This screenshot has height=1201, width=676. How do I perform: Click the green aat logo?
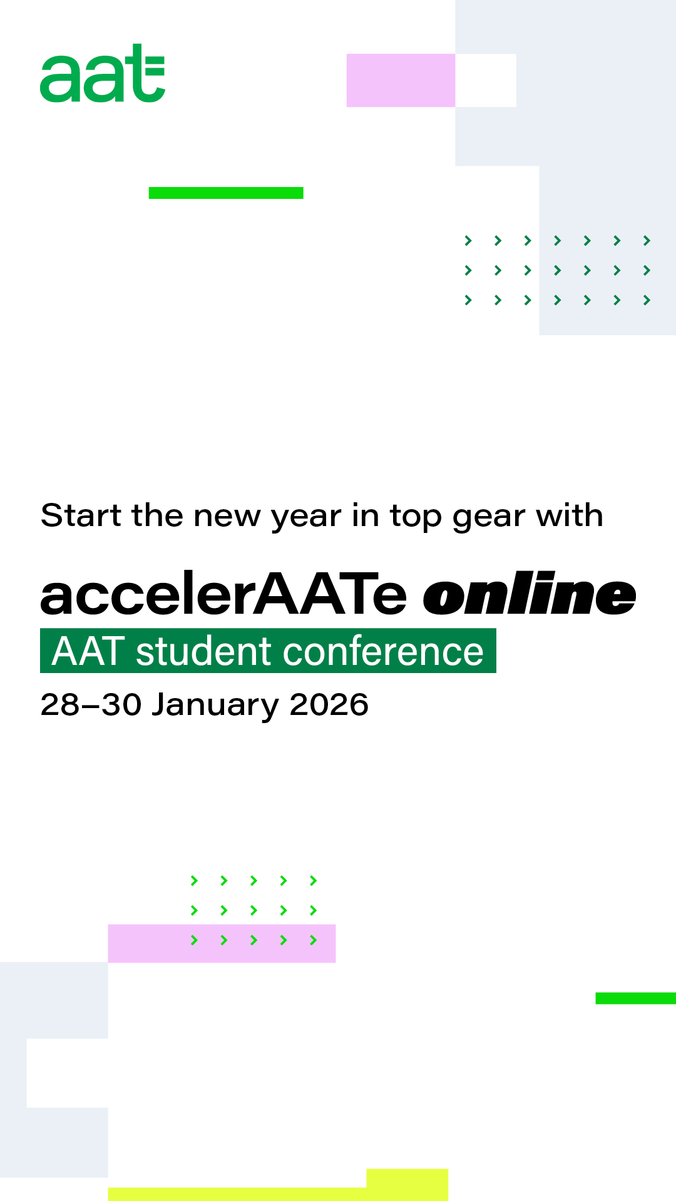point(103,73)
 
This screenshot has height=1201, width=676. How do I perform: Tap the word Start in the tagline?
point(81,515)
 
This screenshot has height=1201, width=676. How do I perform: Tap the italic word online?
point(530,594)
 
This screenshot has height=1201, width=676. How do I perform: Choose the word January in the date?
point(215,706)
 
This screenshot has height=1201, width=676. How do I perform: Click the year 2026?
point(329,705)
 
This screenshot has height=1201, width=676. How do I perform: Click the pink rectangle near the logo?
point(401,80)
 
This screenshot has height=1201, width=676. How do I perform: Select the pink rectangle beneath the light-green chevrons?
point(222,943)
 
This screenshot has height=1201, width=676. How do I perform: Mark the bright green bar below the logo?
point(226,193)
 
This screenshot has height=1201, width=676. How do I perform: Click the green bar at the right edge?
point(635,998)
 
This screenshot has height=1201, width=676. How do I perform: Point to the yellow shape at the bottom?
point(407,1184)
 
